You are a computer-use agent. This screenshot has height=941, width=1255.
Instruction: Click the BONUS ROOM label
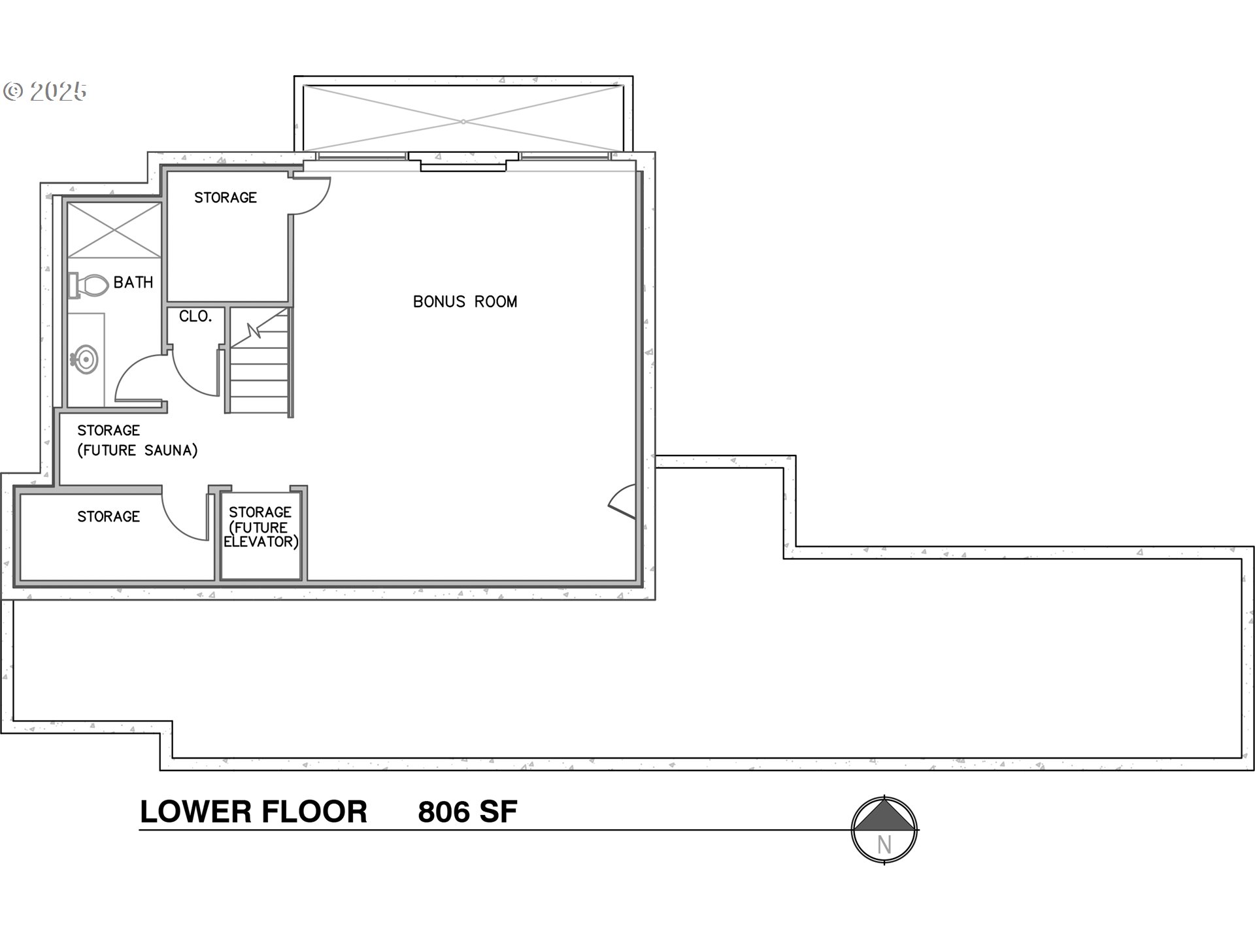pyautogui.click(x=465, y=301)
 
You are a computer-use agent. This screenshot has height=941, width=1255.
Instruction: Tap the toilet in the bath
pyautogui.click(x=90, y=286)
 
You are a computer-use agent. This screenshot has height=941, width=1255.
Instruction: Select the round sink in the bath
pyautogui.click(x=85, y=359)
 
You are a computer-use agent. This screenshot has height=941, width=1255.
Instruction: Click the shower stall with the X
pyautogui.click(x=114, y=230)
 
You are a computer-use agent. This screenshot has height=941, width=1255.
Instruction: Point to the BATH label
pyautogui.click(x=133, y=282)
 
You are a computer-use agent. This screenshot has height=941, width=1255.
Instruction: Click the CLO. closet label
pyautogui.click(x=195, y=316)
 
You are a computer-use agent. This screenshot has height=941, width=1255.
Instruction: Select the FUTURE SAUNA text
pyautogui.click(x=137, y=450)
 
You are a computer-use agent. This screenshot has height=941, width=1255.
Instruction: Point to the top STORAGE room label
pyautogui.click(x=226, y=197)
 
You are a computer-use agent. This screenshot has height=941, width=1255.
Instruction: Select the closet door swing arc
pyautogui.click(x=195, y=376)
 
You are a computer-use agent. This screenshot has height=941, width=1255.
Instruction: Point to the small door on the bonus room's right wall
pyautogui.click(x=623, y=502)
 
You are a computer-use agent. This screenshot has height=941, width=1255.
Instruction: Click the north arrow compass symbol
pyautogui.click(x=884, y=830)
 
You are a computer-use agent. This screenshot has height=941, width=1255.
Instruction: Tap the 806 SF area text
pyautogui.click(x=467, y=812)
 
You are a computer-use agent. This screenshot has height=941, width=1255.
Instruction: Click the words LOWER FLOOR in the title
pyautogui.click(x=254, y=812)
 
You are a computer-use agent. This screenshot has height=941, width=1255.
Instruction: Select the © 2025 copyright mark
pyautogui.click(x=44, y=91)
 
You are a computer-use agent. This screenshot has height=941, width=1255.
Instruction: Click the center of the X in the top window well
pyautogui.click(x=463, y=122)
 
